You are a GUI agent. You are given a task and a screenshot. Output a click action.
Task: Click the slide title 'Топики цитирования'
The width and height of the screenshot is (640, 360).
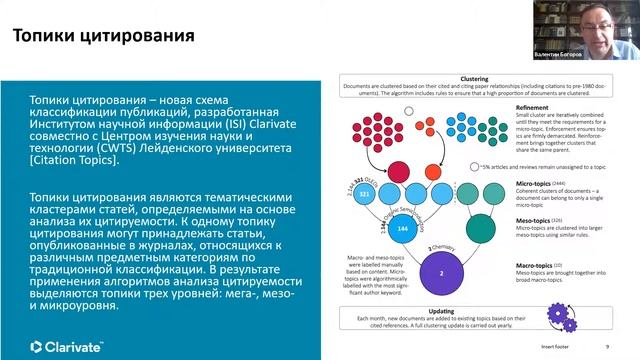[x=103, y=38]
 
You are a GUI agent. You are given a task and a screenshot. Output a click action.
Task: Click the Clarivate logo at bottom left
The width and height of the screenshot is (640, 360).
[x=67, y=318]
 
